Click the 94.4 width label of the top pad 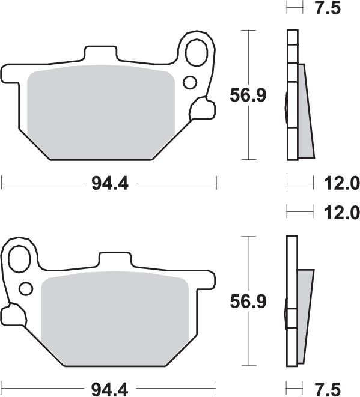pyautogui.click(x=110, y=184)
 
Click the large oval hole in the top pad pyautogui.click(x=196, y=53)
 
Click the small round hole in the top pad pyautogui.click(x=190, y=82)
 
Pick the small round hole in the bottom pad pyautogui.click(x=25, y=289)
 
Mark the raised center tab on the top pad pyautogui.click(x=102, y=54)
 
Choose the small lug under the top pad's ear pyautogui.click(x=201, y=109)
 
